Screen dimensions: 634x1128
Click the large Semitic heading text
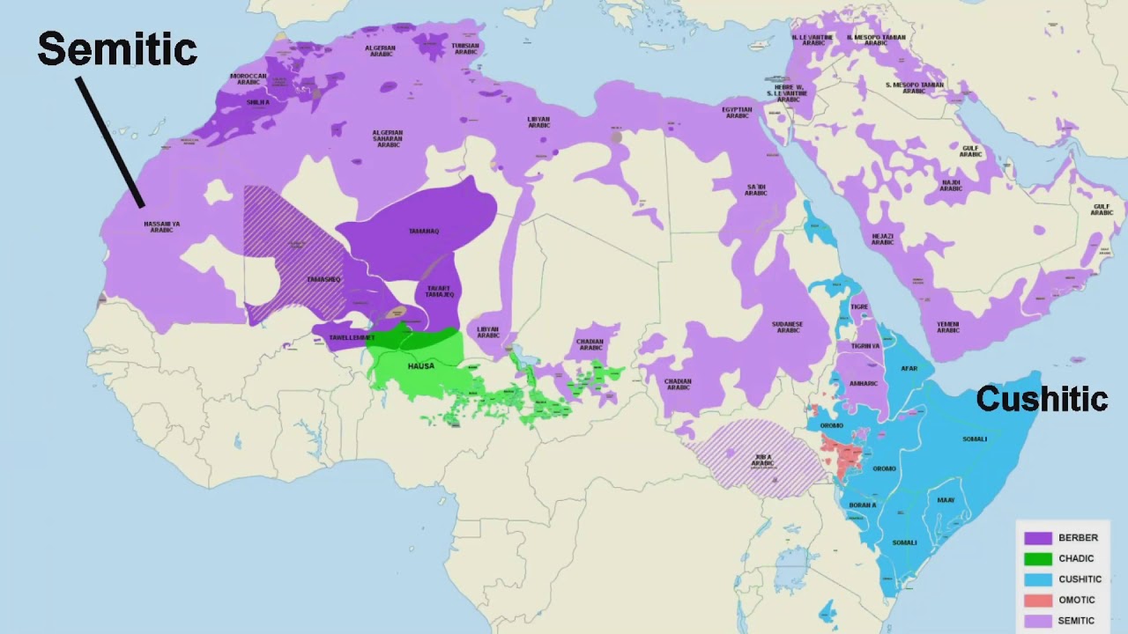click(x=116, y=48)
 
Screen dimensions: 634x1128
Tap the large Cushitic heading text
click(x=1041, y=399)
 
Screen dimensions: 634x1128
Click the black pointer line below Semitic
click(x=110, y=142)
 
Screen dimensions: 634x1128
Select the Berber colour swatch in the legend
click(x=1038, y=537)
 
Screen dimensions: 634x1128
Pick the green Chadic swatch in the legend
click(x=1038, y=558)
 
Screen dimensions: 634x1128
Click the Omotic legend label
click(x=1077, y=600)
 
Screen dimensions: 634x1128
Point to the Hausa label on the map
click(x=420, y=365)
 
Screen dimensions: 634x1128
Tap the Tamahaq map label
click(x=424, y=232)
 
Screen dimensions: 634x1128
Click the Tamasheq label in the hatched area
click(x=323, y=279)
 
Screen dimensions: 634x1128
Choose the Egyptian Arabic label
click(x=737, y=113)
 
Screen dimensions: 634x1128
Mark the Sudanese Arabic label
click(x=787, y=328)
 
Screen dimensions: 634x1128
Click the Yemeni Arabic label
click(x=948, y=327)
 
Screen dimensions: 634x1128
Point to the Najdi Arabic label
click(x=950, y=186)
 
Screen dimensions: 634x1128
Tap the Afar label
click(x=909, y=368)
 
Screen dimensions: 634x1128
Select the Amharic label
click(x=864, y=383)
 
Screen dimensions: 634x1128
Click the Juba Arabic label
click(x=763, y=460)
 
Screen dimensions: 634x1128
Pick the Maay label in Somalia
click(x=946, y=499)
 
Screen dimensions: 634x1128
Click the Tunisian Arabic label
click(x=464, y=48)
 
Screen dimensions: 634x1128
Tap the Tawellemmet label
click(x=352, y=337)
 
